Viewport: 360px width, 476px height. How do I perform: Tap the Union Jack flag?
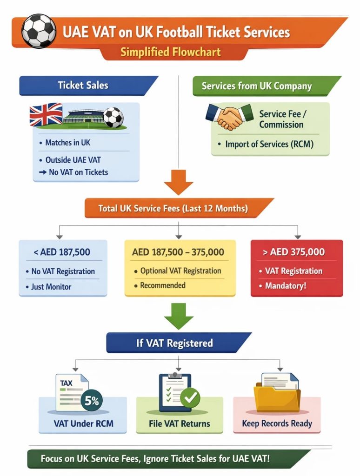tap(46, 115)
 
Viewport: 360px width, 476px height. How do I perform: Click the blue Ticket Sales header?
tap(84, 86)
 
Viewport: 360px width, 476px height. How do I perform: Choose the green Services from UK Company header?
tap(257, 86)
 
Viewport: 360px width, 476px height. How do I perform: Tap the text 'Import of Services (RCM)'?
tap(269, 144)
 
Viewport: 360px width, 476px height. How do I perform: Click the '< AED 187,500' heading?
tap(62, 252)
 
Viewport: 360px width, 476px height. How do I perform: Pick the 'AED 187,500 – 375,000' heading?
tap(178, 252)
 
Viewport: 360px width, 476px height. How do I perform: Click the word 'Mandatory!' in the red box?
tap(286, 285)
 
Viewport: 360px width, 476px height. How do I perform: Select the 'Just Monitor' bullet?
tap(51, 287)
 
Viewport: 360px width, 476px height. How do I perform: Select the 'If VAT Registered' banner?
tap(174, 343)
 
